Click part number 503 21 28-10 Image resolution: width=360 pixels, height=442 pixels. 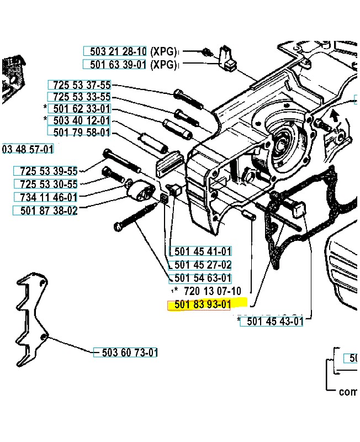click(x=115, y=51)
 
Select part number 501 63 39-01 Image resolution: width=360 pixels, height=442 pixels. click(x=115, y=65)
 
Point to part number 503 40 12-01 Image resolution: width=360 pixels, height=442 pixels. click(x=82, y=120)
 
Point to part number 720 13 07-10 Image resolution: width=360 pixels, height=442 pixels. click(x=212, y=291)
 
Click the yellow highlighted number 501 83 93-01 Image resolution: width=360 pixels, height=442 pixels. click(x=203, y=304)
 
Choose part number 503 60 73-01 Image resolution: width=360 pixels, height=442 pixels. click(x=129, y=352)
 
